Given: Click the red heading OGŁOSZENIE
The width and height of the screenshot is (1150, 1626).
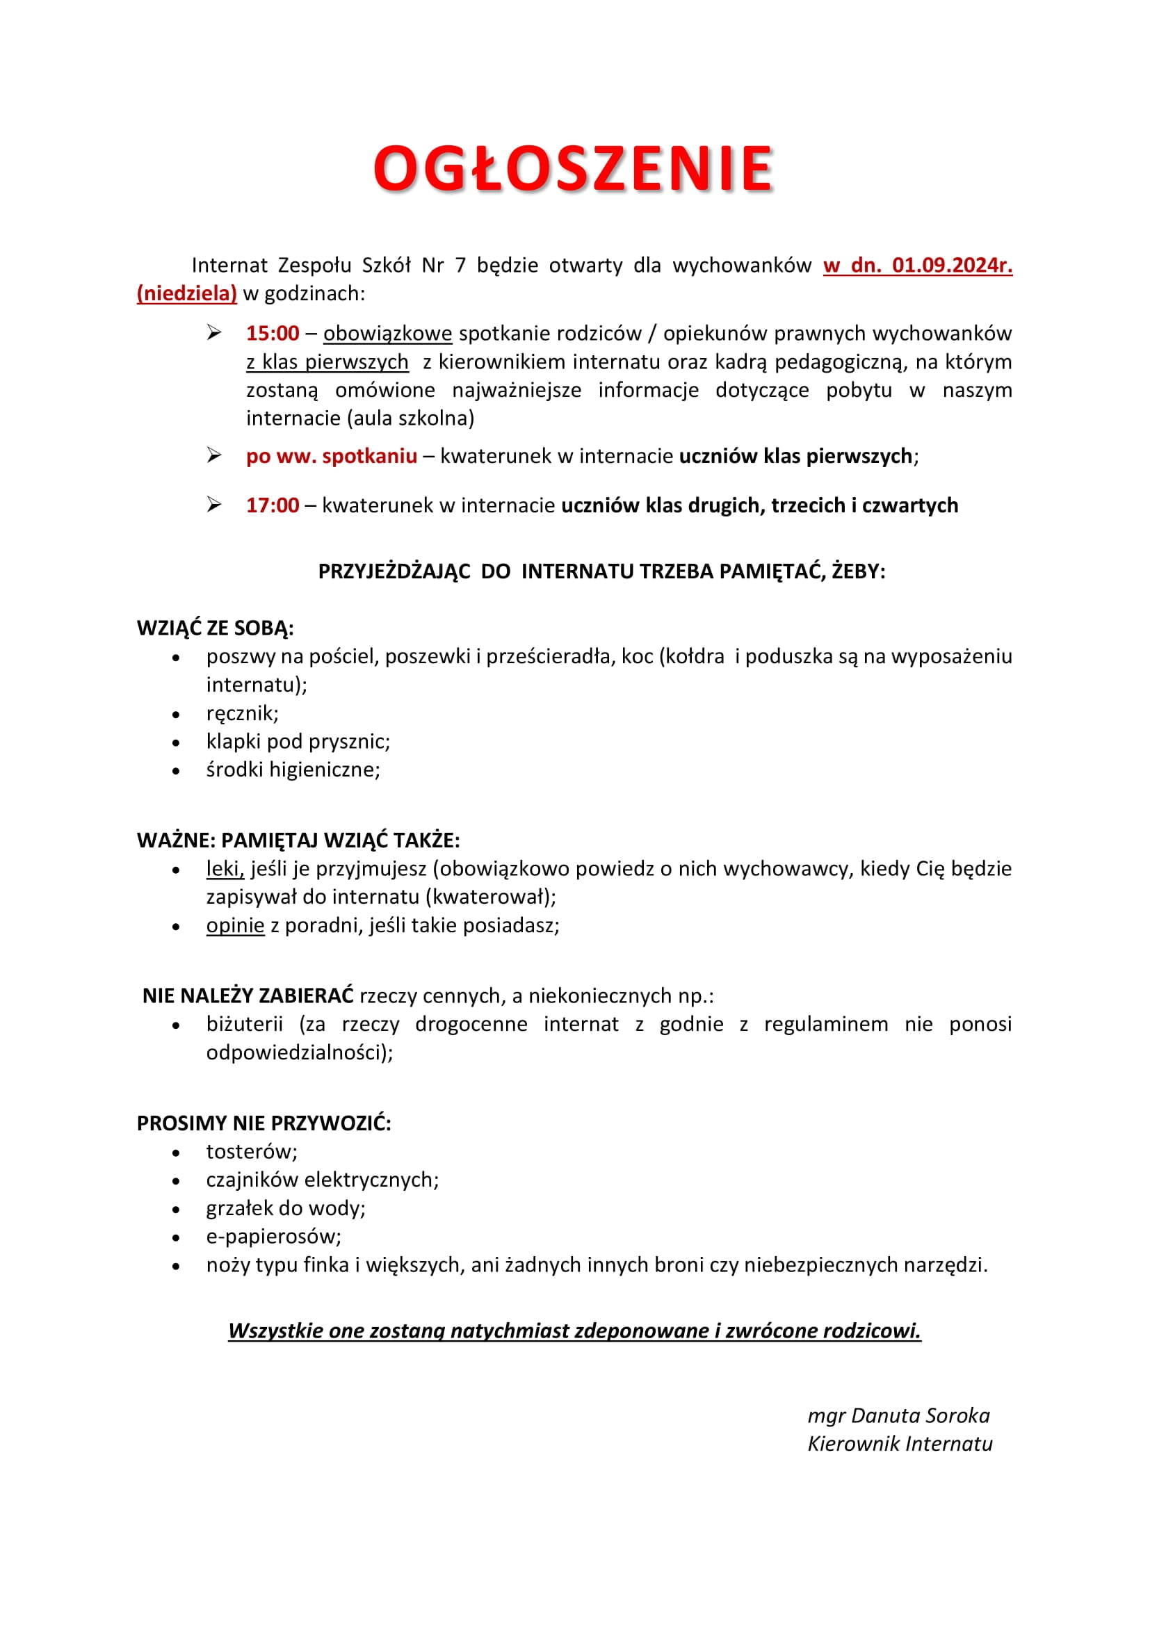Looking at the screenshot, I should click(x=573, y=168).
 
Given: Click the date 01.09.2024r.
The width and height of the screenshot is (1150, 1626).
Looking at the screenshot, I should click(x=952, y=265).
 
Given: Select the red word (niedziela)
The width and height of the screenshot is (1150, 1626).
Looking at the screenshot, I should click(x=186, y=293).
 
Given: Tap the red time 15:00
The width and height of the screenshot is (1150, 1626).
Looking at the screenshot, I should click(x=273, y=333).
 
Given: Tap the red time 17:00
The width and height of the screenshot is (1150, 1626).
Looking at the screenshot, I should click(x=273, y=505).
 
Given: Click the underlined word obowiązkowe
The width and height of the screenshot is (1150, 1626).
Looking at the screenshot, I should click(x=387, y=333).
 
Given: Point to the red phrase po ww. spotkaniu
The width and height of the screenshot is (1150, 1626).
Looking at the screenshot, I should click(x=332, y=455).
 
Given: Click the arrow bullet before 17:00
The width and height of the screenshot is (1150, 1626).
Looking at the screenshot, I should click(x=214, y=504).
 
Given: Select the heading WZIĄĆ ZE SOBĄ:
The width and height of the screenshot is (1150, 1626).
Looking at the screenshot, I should click(x=216, y=628).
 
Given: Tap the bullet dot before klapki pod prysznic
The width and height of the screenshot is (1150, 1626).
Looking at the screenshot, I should click(x=176, y=743).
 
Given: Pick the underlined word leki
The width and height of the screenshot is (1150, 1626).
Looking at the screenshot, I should click(x=225, y=868).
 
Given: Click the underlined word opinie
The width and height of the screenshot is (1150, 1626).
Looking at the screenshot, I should click(x=235, y=925).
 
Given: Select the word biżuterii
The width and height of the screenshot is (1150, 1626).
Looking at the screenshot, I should click(x=244, y=1024).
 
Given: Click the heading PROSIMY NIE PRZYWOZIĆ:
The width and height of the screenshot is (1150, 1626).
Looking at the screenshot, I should click(x=264, y=1123).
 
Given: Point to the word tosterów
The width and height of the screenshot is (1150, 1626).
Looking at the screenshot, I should click(x=252, y=1151).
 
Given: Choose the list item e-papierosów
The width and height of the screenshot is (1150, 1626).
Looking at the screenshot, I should click(x=273, y=1237).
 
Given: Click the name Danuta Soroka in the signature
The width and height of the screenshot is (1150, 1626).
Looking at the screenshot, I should click(x=920, y=1415).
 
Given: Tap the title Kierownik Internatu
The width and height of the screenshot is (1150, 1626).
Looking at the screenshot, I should click(x=900, y=1444).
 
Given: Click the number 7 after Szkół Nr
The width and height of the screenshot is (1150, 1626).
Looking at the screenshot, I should click(x=460, y=265).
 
